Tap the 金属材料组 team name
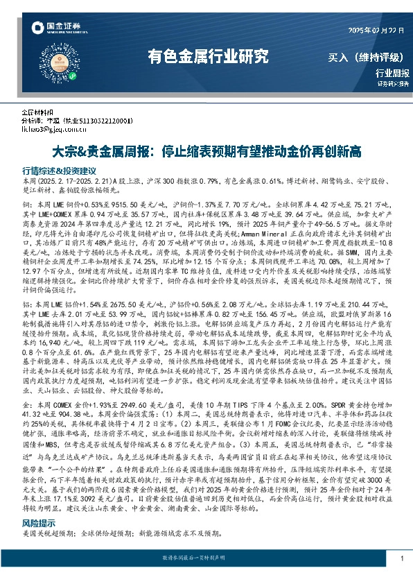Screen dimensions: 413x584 click(x=37, y=111)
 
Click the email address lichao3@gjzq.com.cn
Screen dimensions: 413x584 click(x=57, y=129)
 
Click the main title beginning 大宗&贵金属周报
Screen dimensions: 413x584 click(x=206, y=151)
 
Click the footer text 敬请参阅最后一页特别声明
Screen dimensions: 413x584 click(x=206, y=558)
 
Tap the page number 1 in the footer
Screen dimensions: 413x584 click(x=402, y=558)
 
